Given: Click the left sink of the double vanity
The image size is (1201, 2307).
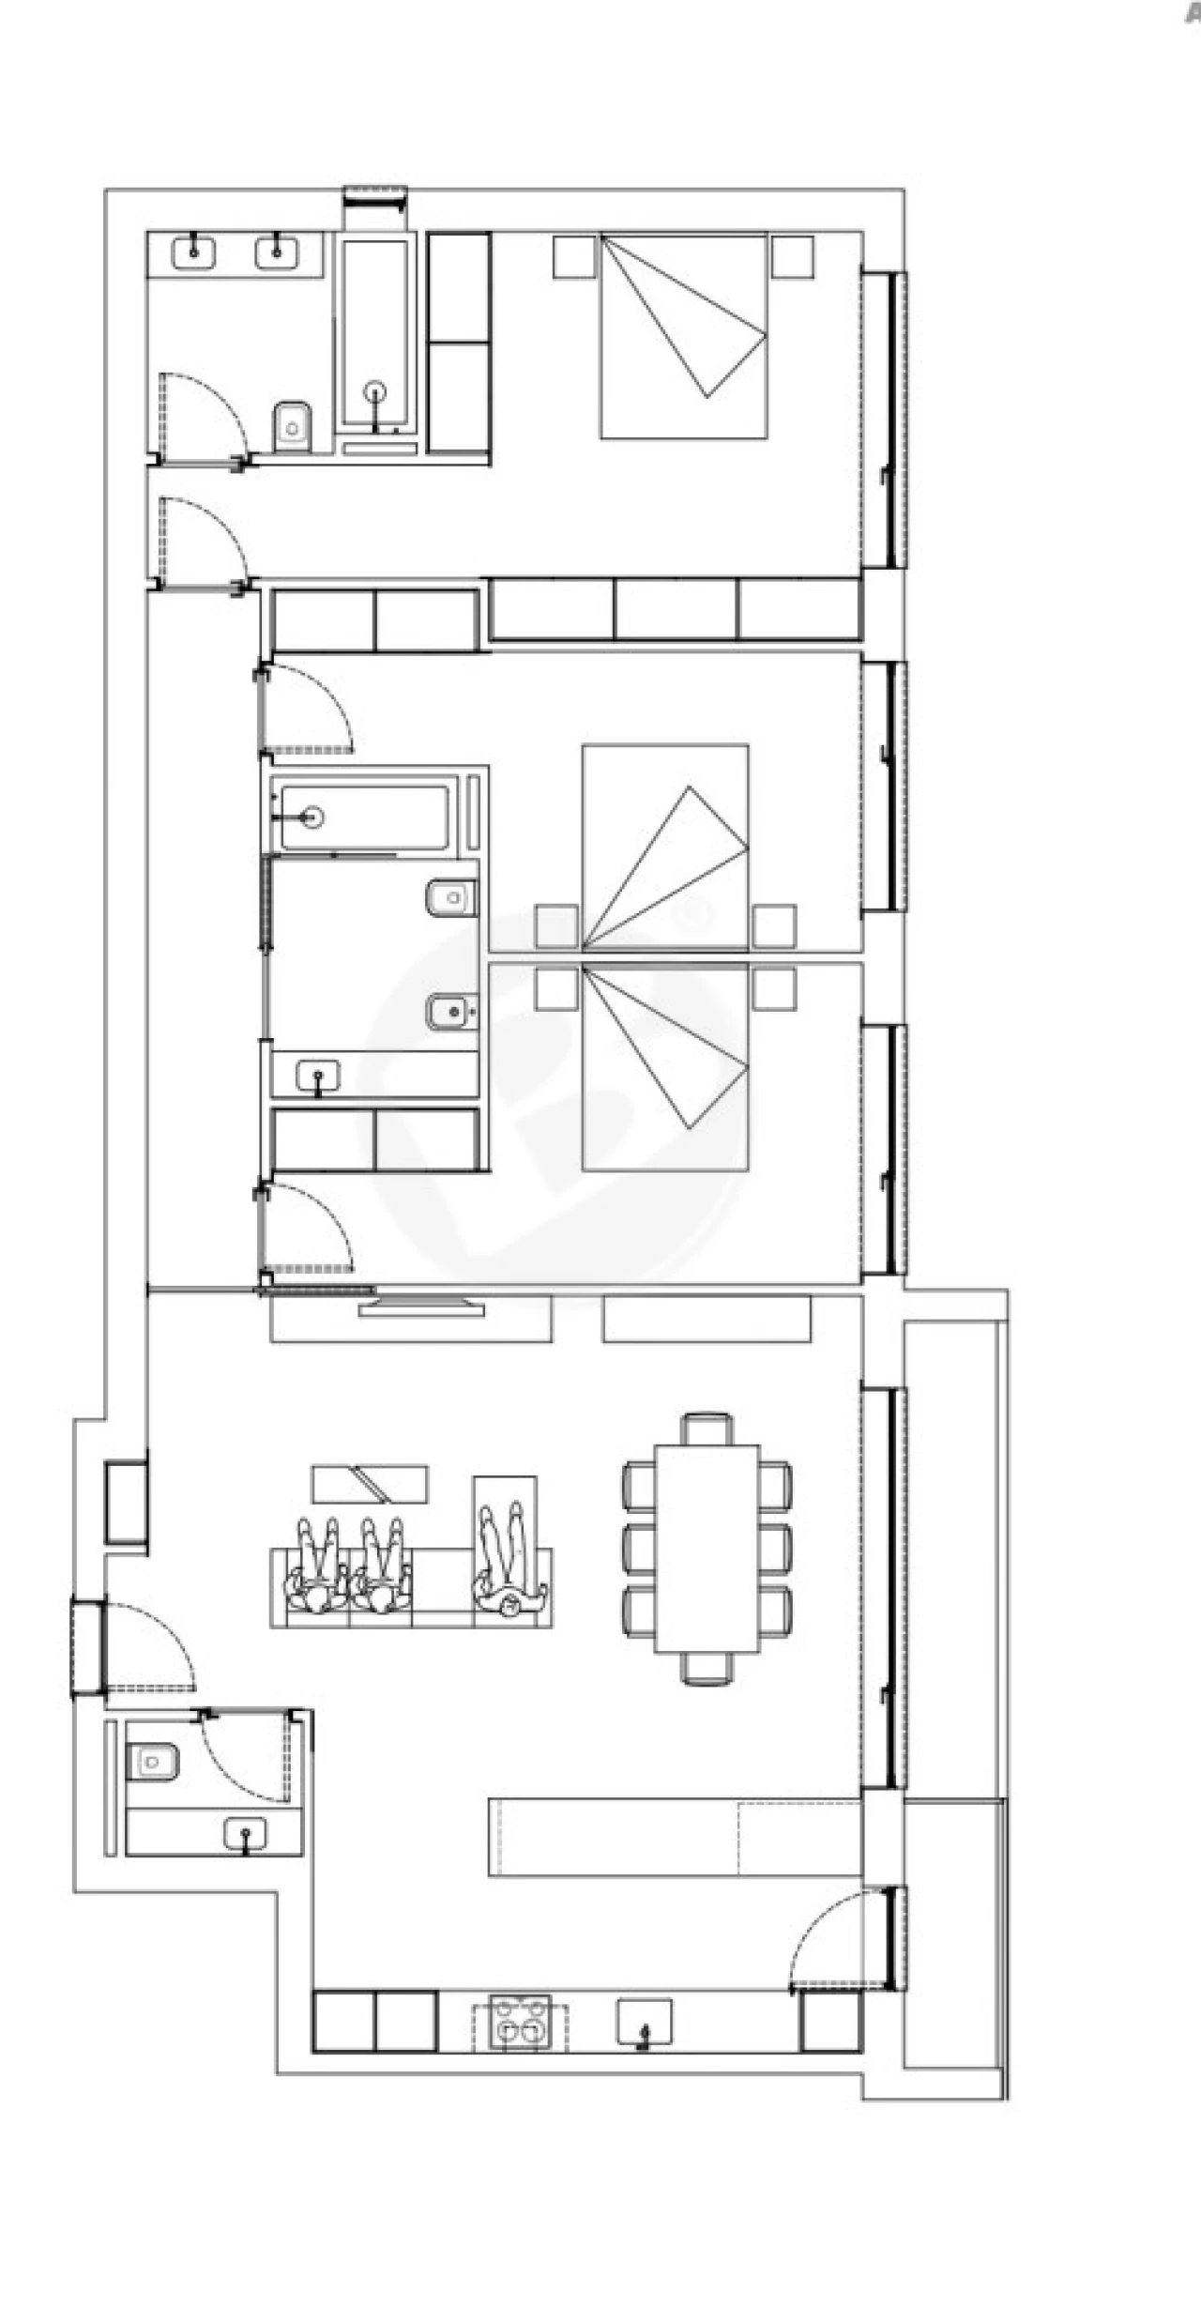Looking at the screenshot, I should click(x=193, y=252).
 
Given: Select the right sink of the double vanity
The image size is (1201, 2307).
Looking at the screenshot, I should click(x=276, y=252).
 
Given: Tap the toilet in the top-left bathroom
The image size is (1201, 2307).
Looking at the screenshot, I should click(x=293, y=428).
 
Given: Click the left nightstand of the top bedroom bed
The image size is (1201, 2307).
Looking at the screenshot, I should click(x=574, y=256).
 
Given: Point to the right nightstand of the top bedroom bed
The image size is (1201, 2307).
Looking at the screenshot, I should click(x=793, y=256).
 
